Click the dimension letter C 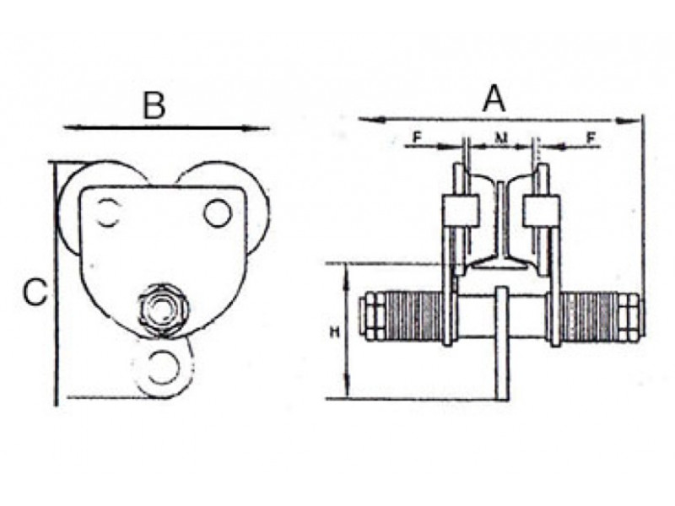tap(35, 292)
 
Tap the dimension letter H tap(334, 331)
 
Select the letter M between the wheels tap(500, 138)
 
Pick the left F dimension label tap(417, 137)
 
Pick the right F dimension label tap(591, 137)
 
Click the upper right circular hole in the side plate tap(218, 213)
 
